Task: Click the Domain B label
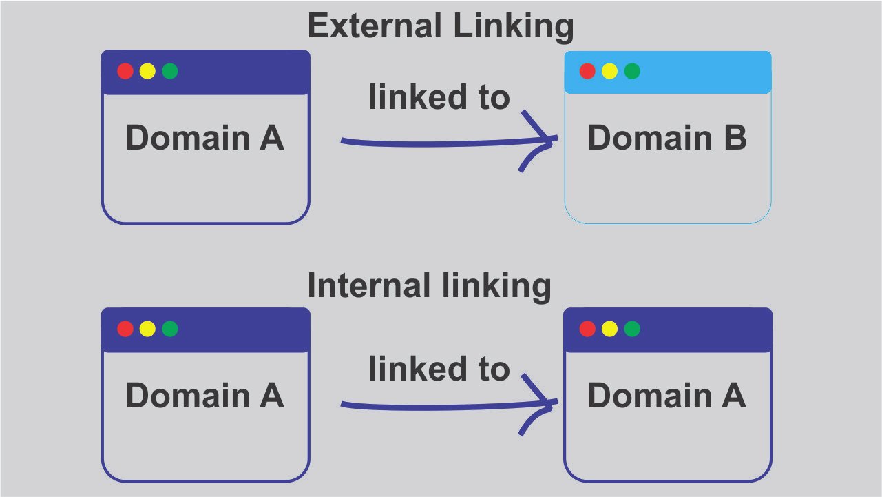(666, 139)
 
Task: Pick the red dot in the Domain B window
(587, 71)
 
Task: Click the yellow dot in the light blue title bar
(609, 71)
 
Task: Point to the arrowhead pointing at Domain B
(544, 140)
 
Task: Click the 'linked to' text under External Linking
(439, 98)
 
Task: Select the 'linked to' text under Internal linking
(439, 369)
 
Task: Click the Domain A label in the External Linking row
(204, 139)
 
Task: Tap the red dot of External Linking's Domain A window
(125, 71)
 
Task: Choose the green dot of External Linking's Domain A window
(170, 71)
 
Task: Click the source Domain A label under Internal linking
(204, 396)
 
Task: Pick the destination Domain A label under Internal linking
(666, 396)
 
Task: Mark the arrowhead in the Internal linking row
(544, 405)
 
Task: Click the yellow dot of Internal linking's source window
(147, 329)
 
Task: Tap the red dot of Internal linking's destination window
(587, 329)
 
